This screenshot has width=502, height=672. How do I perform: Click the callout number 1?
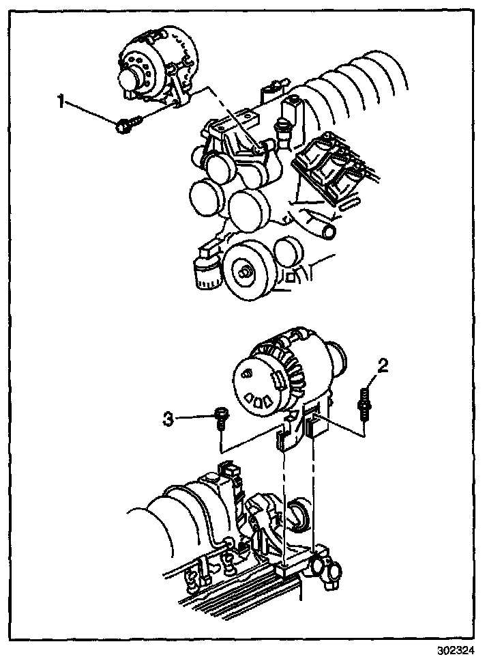pyautogui.click(x=61, y=102)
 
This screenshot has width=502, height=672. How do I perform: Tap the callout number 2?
pyautogui.click(x=383, y=367)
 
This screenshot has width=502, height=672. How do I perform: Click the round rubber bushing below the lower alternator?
pyautogui.click(x=298, y=514)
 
